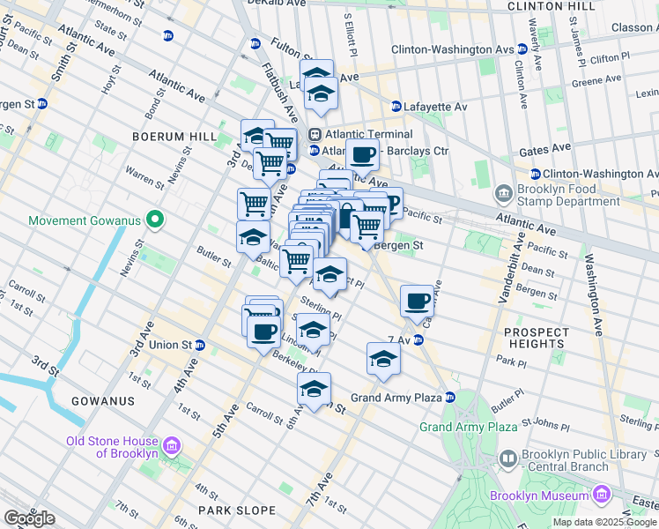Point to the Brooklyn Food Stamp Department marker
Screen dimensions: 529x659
click(x=504, y=191)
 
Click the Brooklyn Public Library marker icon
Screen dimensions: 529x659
click(x=508, y=458)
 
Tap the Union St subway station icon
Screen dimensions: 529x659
click(x=200, y=345)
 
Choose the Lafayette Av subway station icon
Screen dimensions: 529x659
click(x=396, y=107)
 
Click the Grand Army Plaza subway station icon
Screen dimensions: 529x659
click(x=449, y=398)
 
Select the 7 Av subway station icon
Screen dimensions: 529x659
click(x=419, y=339)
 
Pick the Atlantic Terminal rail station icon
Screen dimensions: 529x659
click(x=315, y=134)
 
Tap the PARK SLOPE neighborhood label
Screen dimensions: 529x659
click(x=231, y=510)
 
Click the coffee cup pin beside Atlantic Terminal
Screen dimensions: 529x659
click(x=362, y=156)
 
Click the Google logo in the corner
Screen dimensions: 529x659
click(x=30, y=518)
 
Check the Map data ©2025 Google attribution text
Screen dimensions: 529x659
click(x=603, y=521)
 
